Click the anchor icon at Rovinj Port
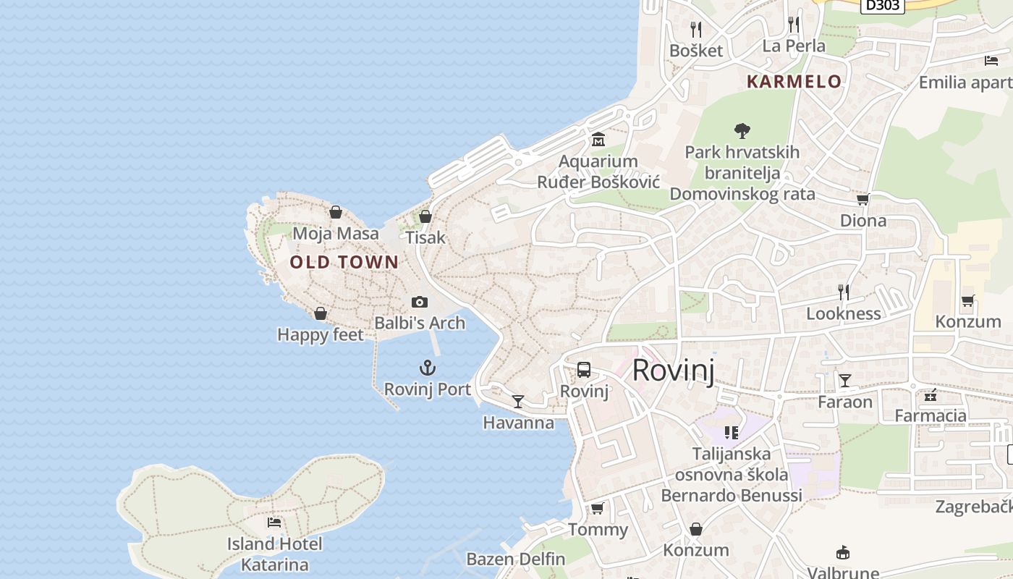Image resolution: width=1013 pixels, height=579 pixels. [x=428, y=368]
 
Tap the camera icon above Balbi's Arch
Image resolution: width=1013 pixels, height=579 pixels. [x=420, y=302]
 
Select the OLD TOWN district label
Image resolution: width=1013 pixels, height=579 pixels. [x=344, y=262]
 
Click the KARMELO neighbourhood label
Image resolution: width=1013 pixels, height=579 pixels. [x=794, y=82]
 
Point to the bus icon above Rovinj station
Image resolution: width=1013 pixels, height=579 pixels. [x=584, y=370]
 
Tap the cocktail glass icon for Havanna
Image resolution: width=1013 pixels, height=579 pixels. [x=518, y=401]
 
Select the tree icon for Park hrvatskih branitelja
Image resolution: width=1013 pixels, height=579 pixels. [x=742, y=131]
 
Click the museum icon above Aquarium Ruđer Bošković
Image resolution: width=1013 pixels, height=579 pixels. [x=598, y=139]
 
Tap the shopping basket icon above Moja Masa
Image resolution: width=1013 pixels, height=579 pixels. [x=335, y=212]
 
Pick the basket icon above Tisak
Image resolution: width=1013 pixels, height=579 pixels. [x=425, y=216]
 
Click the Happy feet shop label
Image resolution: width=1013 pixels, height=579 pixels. [x=321, y=335]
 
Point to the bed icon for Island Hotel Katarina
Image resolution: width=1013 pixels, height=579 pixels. [x=274, y=522]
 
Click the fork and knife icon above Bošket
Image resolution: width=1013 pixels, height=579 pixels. [x=696, y=29]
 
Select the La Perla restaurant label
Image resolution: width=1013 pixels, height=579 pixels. [x=794, y=46]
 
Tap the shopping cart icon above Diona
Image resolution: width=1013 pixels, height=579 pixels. [x=862, y=199]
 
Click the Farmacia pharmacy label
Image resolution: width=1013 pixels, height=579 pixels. [x=931, y=415]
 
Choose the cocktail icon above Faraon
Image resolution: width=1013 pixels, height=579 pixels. [x=844, y=380]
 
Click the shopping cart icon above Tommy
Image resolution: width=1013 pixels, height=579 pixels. [x=597, y=509]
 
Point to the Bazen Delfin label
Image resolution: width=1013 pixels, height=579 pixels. [x=515, y=559]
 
